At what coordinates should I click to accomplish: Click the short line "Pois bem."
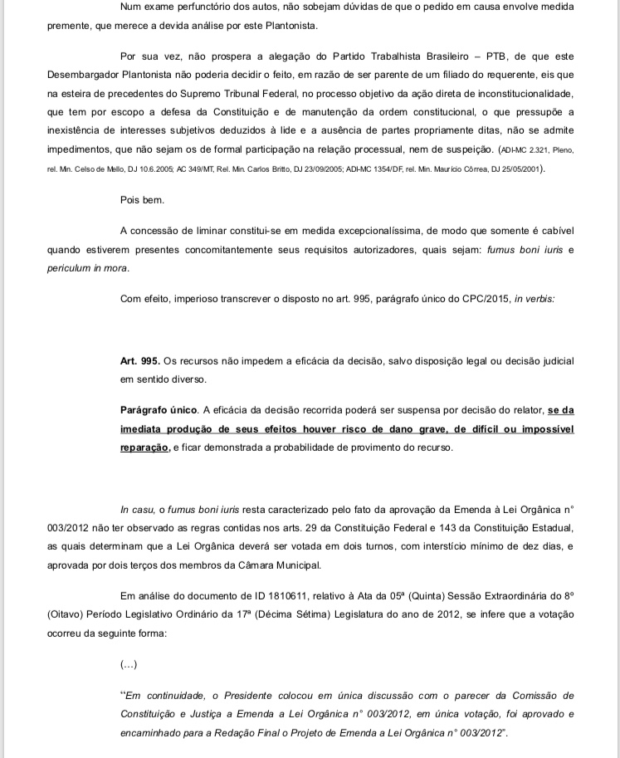click(143, 200)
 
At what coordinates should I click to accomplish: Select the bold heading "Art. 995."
click(140, 362)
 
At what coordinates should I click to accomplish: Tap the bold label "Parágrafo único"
click(159, 410)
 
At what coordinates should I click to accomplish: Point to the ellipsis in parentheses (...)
click(129, 665)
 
